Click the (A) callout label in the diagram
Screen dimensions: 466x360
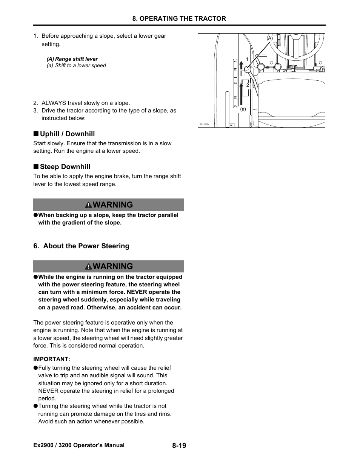[269, 38]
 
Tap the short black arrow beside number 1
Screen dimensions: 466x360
[242, 65]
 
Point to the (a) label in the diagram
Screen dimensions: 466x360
[243, 109]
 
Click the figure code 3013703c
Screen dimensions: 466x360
[204, 125]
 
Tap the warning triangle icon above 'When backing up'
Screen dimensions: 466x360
[88, 205]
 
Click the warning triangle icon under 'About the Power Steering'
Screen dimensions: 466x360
[88, 266]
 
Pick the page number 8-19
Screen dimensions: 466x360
[179, 446]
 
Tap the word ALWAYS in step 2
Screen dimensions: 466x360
[54, 103]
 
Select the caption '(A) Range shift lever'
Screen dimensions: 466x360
[72, 59]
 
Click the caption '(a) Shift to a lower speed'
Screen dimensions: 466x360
[76, 65]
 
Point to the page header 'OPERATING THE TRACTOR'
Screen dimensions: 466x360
[179, 18]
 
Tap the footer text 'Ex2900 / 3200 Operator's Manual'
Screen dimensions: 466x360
[79, 445]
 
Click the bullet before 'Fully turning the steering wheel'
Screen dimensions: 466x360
[35, 368]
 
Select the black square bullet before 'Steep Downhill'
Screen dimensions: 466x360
[35, 167]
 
